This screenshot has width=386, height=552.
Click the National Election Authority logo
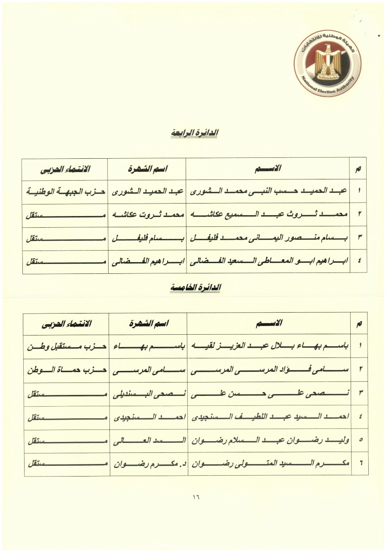(327, 63)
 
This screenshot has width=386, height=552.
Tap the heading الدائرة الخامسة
(195, 288)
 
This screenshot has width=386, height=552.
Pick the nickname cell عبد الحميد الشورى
(146, 191)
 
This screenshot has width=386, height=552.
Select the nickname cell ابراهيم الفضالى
(146, 261)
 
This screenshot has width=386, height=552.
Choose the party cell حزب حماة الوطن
(65, 370)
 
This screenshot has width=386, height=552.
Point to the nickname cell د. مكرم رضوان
(147, 464)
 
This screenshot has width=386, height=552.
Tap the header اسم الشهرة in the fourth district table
(146, 169)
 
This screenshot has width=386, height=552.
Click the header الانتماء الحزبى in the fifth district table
(65, 323)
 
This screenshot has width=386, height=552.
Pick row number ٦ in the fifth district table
(360, 464)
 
